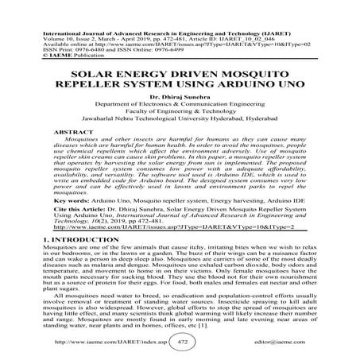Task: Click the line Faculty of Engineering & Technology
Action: (x=179, y=115)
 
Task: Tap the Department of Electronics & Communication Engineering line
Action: (x=179, y=106)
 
